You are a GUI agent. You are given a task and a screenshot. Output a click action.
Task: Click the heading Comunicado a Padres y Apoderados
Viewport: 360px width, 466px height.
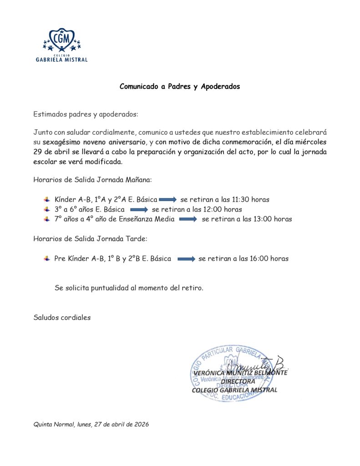[179, 86]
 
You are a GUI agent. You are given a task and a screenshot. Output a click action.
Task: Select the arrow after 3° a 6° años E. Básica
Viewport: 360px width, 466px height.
[139, 210]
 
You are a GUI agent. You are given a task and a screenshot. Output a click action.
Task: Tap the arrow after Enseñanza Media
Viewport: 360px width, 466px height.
[188, 219]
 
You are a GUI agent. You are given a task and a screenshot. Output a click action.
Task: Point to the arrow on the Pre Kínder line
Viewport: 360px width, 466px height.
[186, 259]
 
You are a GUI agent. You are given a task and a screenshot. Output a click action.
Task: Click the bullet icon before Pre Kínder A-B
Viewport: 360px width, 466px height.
[46, 258]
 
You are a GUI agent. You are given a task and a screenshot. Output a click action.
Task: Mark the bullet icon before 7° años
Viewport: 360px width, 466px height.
[46, 219]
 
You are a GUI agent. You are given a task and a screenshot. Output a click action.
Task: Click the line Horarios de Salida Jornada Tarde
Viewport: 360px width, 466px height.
[90, 238]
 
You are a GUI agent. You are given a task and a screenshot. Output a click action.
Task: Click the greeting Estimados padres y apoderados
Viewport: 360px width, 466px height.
[86, 114]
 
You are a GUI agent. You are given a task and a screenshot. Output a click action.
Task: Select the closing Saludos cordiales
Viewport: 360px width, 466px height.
[62, 318]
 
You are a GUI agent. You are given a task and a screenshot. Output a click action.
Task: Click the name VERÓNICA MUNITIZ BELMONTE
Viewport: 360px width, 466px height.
[240, 373]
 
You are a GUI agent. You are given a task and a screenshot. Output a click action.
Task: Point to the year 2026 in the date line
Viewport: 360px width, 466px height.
[141, 424]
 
